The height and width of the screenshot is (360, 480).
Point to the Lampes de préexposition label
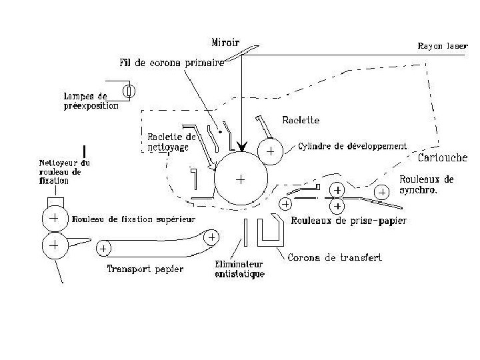click(91, 101)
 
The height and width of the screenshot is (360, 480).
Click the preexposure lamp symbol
click(129, 89)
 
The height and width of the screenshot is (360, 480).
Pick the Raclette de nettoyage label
click(171, 141)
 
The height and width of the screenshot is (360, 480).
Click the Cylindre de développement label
click(353, 146)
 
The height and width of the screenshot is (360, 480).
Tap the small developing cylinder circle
click(271, 151)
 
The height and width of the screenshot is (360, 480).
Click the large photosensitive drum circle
click(241, 178)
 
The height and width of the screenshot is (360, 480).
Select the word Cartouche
click(443, 158)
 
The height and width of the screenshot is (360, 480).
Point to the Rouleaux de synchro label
click(427, 184)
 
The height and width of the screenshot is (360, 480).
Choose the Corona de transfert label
click(335, 257)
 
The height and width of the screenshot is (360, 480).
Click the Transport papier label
click(145, 269)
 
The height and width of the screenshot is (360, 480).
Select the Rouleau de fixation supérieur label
click(133, 219)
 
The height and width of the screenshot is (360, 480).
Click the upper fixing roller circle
click(53, 219)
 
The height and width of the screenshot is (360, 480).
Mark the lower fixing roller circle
click(53, 245)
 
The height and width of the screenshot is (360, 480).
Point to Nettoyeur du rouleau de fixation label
click(66, 171)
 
